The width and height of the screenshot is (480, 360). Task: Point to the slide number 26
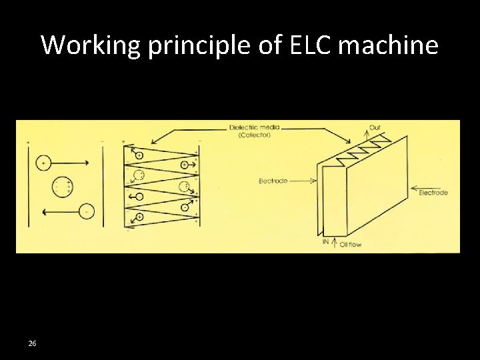[32, 343]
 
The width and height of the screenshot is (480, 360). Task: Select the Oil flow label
[351, 245]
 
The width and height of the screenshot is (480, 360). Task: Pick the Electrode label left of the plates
[273, 181]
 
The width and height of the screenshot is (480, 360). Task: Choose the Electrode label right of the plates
[433, 193]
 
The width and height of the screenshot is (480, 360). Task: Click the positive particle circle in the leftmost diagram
[43, 162]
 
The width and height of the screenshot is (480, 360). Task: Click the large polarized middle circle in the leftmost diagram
[63, 187]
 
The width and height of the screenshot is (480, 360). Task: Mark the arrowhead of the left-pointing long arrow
[43, 212]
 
